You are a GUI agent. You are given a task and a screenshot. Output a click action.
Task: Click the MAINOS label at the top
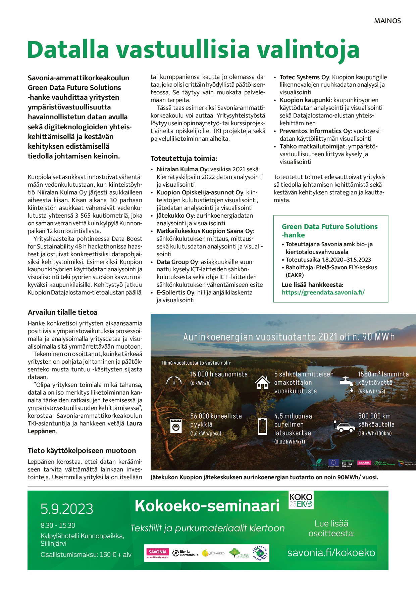(387, 21)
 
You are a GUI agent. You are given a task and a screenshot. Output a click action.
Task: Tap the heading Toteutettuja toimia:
(184, 158)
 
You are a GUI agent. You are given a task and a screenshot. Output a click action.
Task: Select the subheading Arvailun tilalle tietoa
(62, 312)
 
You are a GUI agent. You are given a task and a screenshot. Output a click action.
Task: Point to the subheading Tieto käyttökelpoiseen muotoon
(82, 451)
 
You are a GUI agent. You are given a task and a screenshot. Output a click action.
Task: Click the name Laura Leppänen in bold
(134, 424)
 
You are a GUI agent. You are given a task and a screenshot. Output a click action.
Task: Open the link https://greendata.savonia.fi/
(323, 292)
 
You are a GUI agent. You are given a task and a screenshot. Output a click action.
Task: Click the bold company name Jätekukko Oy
(175, 216)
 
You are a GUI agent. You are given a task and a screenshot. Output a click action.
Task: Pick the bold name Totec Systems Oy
(304, 77)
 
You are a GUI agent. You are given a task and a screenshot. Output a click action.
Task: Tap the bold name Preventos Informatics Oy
(315, 131)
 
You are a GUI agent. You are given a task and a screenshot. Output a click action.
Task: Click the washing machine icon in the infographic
(175, 425)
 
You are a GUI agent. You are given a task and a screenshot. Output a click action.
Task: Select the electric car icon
(345, 426)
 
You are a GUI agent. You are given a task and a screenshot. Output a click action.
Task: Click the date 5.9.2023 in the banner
(67, 509)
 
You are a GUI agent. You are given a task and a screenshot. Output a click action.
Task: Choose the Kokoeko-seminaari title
(207, 506)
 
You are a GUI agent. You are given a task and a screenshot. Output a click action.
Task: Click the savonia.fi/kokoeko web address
(331, 553)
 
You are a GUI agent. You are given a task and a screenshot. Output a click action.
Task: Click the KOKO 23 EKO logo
(301, 500)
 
